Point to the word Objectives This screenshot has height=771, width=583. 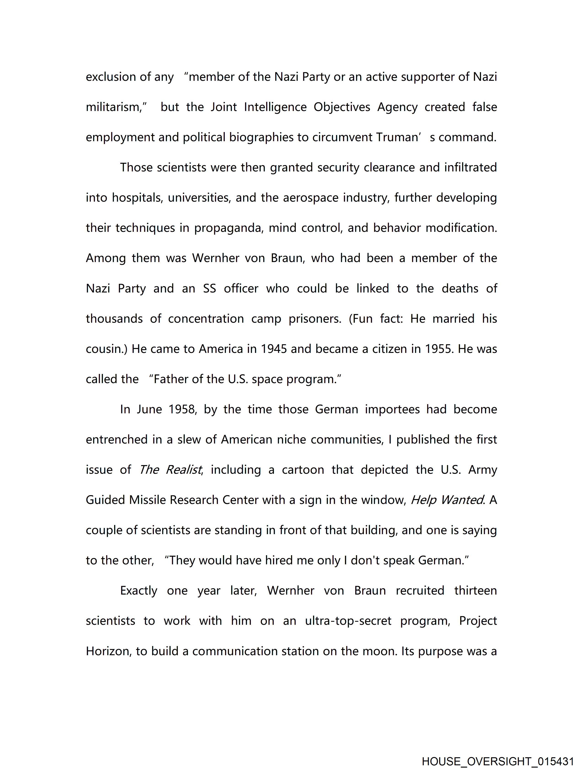(342, 107)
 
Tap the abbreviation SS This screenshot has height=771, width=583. (209, 289)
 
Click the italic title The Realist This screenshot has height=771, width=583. (170, 470)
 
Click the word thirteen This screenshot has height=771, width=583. (475, 591)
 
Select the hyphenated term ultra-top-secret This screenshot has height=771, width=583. (348, 621)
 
